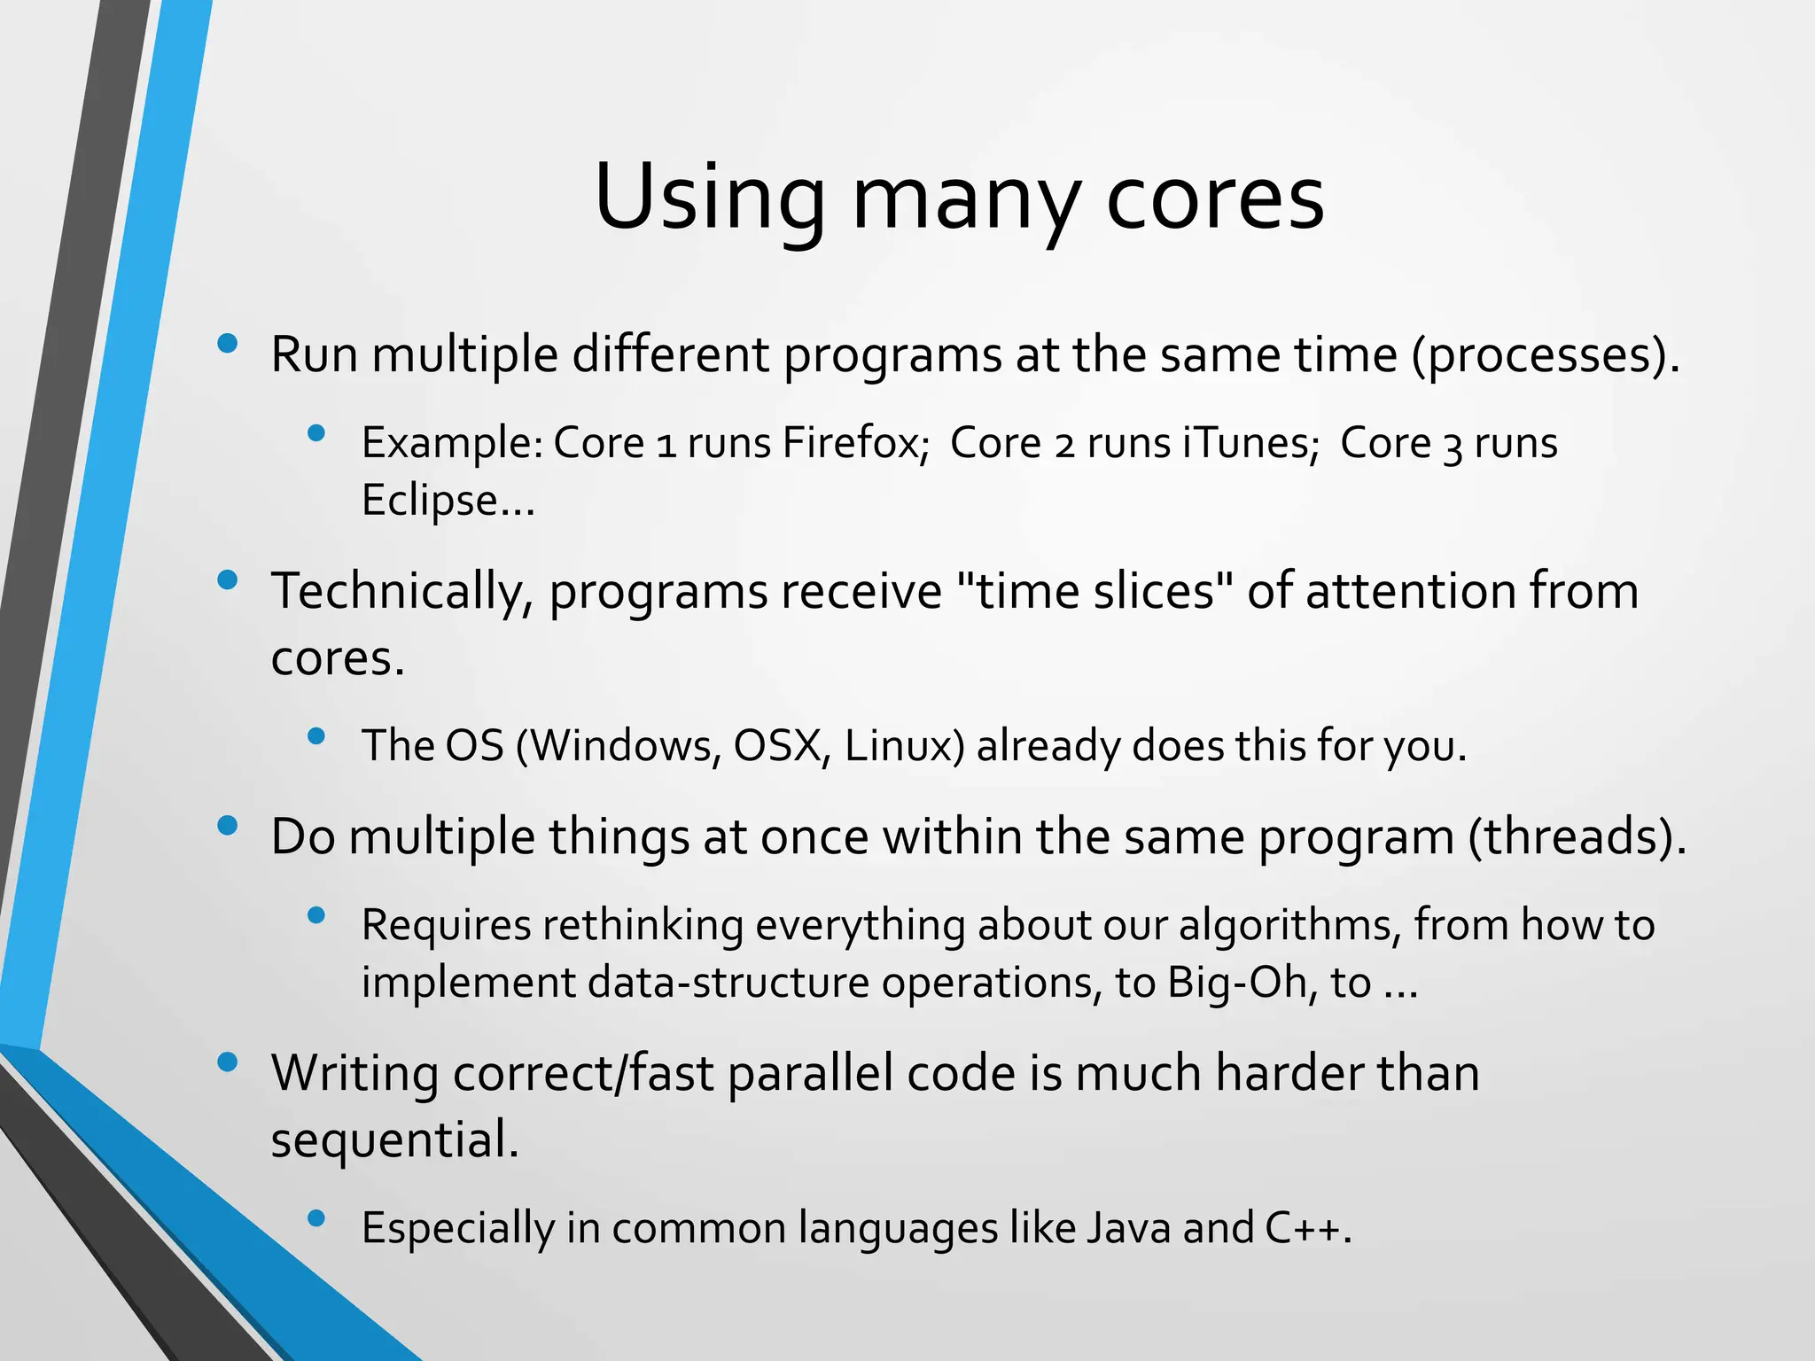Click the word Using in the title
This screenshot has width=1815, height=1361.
coord(709,198)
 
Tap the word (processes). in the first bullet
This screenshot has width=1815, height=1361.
coord(1546,355)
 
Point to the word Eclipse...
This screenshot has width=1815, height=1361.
coord(448,501)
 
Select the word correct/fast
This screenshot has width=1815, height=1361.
coord(583,1074)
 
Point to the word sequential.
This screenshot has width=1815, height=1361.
coord(394,1140)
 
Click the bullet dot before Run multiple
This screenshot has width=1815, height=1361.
coord(228,344)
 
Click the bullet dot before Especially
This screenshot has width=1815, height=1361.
coord(316,1218)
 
